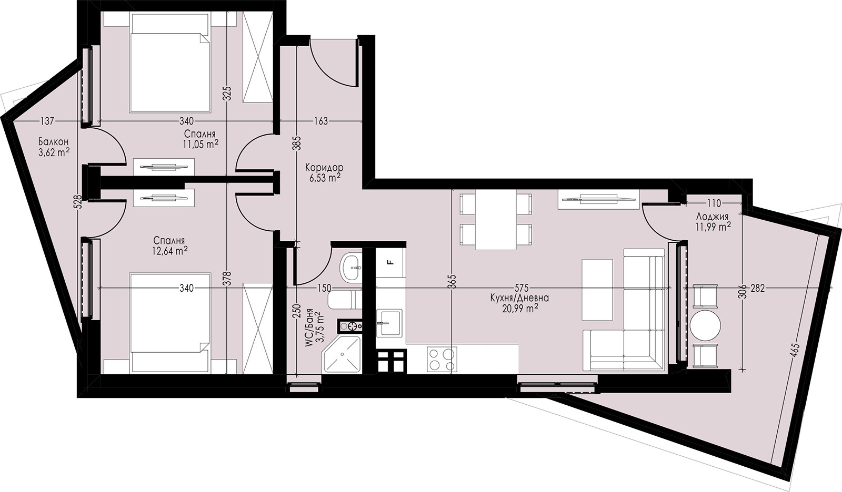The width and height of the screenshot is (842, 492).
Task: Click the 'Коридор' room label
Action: click(324, 167)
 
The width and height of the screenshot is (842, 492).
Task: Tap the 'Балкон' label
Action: click(53, 142)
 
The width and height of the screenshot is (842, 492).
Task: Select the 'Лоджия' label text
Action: click(712, 217)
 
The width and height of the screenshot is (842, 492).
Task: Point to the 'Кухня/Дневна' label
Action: click(519, 298)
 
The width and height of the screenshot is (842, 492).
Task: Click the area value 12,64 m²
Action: click(171, 251)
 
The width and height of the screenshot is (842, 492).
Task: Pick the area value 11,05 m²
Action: click(201, 144)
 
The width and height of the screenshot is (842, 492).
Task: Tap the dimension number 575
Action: click(522, 288)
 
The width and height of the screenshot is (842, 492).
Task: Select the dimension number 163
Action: click(320, 121)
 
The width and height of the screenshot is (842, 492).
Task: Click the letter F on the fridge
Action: click(390, 262)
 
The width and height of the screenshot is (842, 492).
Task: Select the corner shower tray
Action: click(342, 354)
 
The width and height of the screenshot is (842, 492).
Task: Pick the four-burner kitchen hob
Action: click(442, 360)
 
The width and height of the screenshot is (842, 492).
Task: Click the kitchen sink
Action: click(389, 322)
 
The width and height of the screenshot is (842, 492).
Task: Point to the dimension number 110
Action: click(714, 203)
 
